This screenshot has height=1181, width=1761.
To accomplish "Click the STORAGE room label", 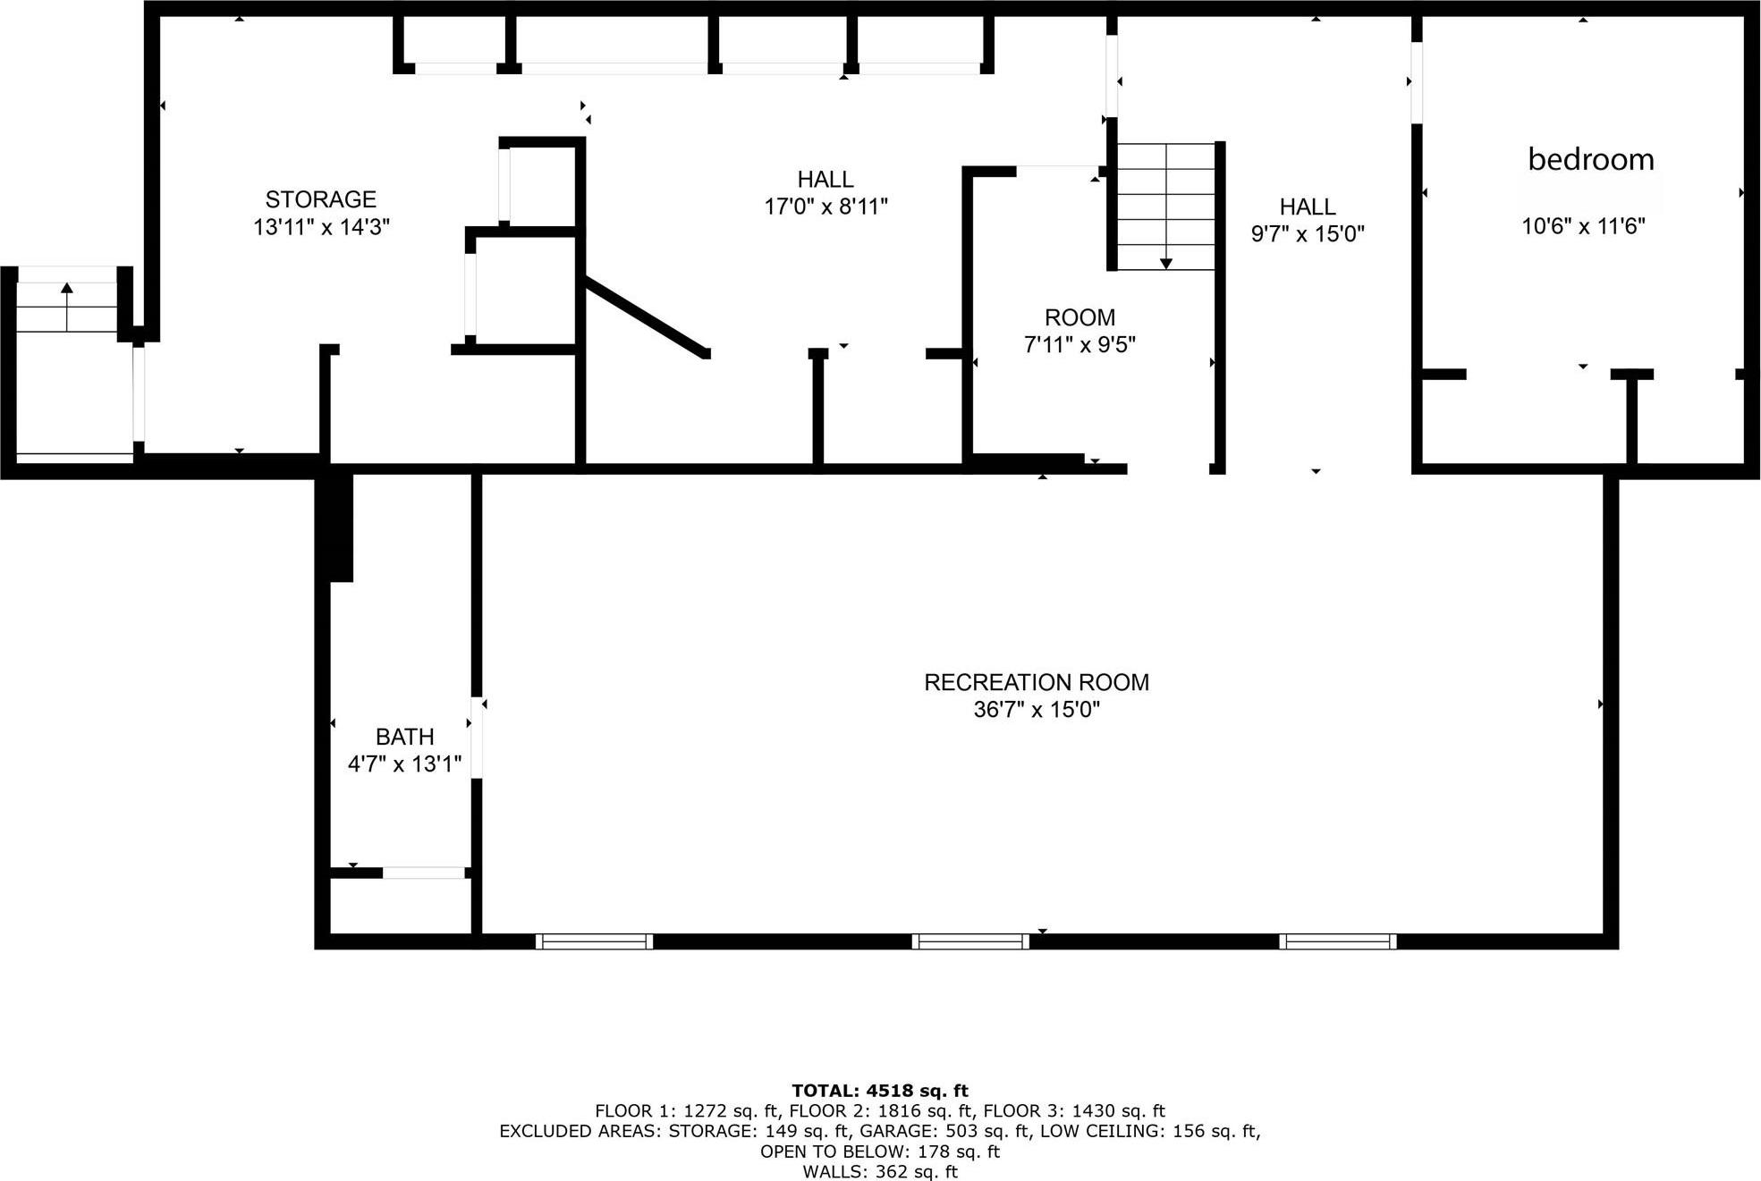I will (x=320, y=198).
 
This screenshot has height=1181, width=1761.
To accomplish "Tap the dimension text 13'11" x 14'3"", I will (x=321, y=227).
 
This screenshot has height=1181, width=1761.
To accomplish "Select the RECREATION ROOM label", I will (x=1036, y=682).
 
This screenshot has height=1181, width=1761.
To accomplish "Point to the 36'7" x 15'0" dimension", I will (x=1036, y=710).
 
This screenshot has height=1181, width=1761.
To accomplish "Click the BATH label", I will (x=404, y=737).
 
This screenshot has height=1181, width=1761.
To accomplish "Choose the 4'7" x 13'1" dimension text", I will (x=404, y=764).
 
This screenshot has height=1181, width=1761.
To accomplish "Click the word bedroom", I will (x=1590, y=159).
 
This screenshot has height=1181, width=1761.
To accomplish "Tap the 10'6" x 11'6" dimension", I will (x=1583, y=226).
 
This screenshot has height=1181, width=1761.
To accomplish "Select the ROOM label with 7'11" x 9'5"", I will (x=1079, y=317).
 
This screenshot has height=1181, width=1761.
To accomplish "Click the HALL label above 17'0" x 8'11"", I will (x=825, y=179).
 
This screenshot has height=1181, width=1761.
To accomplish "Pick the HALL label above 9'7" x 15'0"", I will (x=1307, y=207).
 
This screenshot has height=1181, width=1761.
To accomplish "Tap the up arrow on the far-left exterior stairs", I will (x=67, y=288).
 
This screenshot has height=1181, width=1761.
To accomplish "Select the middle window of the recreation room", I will (x=970, y=941).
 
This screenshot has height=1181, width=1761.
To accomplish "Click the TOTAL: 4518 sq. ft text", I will (x=879, y=1090).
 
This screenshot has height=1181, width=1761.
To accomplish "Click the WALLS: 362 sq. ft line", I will (x=879, y=1171).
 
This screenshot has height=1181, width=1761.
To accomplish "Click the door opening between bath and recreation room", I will (x=477, y=738).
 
